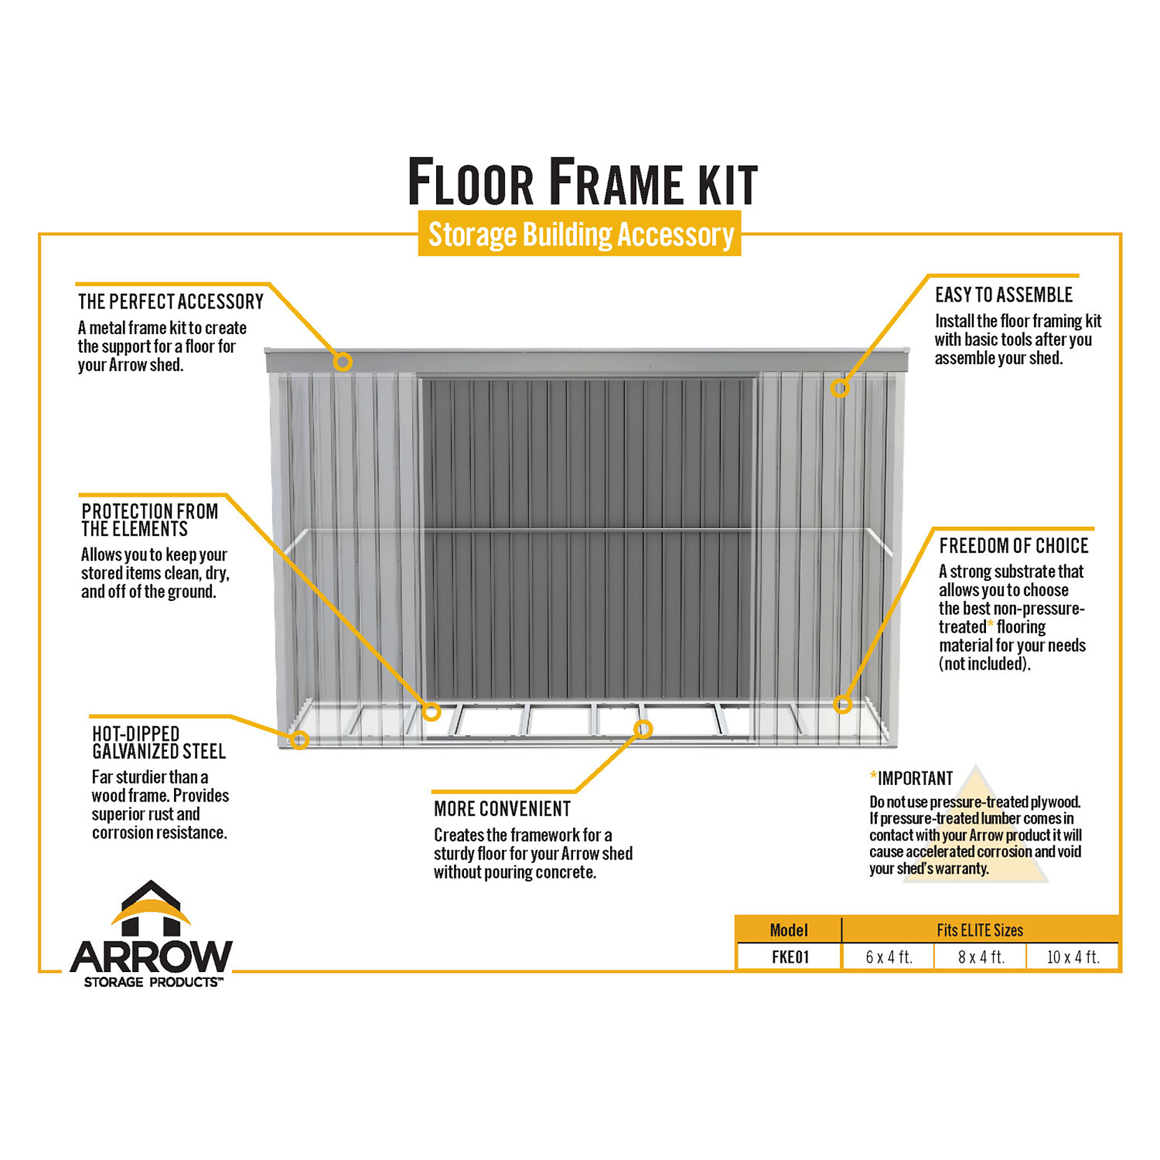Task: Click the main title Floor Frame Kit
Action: [x=582, y=182]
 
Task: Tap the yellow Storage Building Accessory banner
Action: [x=579, y=234]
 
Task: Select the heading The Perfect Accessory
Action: [x=171, y=302]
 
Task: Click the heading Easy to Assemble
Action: [x=1004, y=295]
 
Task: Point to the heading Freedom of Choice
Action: [x=1014, y=546]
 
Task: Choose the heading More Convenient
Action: [x=502, y=809]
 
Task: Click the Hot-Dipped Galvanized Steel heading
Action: [x=159, y=743]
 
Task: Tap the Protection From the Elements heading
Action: [x=150, y=520]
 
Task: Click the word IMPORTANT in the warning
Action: [x=915, y=779]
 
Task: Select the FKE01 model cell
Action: [x=790, y=957]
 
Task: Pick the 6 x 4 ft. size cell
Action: [x=889, y=957]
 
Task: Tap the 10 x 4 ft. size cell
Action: [x=1073, y=957]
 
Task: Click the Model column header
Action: [x=789, y=930]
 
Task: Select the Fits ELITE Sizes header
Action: [x=980, y=930]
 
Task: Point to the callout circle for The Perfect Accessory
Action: [x=343, y=361]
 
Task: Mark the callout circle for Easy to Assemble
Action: [x=840, y=389]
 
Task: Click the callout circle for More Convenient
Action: [x=643, y=729]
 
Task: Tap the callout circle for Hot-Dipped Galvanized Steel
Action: [x=300, y=739]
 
